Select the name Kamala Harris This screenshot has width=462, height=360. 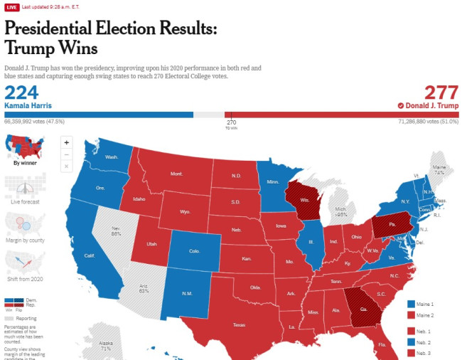(x=28, y=105)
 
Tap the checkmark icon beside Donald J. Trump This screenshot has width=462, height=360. (x=401, y=105)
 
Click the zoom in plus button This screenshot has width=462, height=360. (x=67, y=142)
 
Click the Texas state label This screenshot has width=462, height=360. (x=239, y=325)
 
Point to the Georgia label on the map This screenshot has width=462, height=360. (x=363, y=309)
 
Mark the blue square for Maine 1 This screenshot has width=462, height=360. (x=412, y=304)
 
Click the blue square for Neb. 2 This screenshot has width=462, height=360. (x=412, y=342)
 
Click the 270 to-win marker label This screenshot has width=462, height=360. (x=231, y=122)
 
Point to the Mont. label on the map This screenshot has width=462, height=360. (x=176, y=174)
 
